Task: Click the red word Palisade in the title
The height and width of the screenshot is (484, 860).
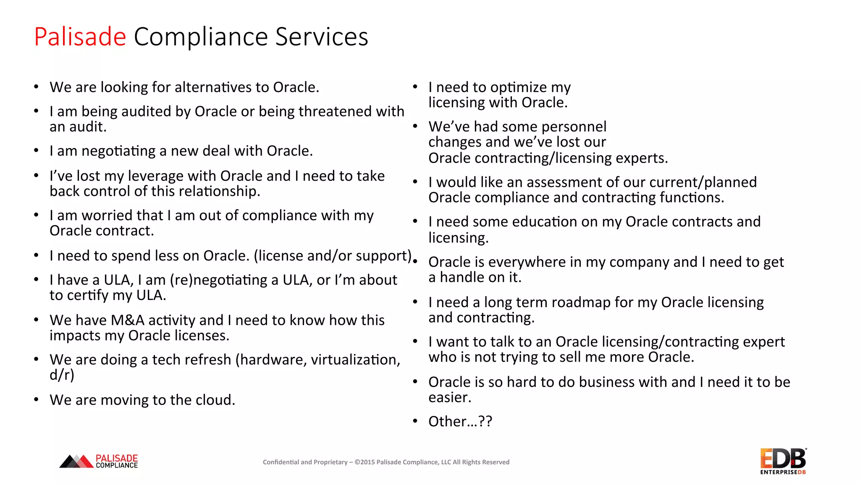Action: [80, 37]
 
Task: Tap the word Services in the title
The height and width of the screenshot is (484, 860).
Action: [322, 37]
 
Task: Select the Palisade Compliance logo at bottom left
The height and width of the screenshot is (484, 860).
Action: [99, 461]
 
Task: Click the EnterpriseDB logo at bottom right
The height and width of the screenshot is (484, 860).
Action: [783, 461]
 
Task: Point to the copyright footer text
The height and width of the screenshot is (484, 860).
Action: [386, 462]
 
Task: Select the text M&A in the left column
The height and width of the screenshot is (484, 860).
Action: [128, 320]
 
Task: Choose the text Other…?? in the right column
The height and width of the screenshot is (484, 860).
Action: [460, 421]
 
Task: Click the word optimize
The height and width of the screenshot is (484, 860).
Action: [519, 88]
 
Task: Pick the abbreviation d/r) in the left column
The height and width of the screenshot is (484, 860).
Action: [62, 375]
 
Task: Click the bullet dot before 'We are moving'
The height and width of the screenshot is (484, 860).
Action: [37, 400]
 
